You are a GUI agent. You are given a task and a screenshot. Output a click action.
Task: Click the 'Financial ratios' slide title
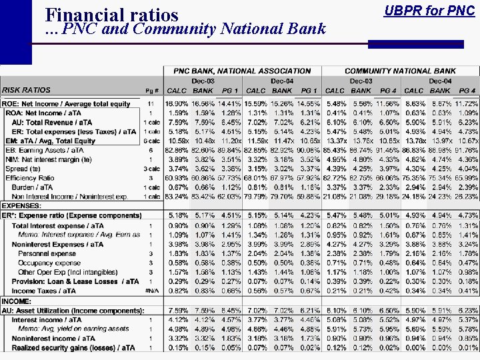[x=111, y=15]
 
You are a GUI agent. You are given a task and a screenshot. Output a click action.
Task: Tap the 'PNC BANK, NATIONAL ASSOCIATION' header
[x=242, y=71]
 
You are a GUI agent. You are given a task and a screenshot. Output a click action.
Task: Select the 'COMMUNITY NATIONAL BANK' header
[x=400, y=71]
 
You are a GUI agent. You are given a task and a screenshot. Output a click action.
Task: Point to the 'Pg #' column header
[x=151, y=90]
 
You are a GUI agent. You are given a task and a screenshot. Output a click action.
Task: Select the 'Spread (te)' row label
[x=24, y=169]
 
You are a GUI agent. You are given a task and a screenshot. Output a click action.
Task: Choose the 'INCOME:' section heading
[x=17, y=301]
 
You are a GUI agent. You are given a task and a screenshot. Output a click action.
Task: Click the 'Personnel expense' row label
[x=47, y=254]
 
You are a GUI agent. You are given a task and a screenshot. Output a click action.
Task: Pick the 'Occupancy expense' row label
[x=49, y=263]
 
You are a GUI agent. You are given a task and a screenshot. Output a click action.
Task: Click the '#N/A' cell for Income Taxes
[x=151, y=291]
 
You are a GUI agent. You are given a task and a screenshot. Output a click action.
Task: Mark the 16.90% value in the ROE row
[x=176, y=104]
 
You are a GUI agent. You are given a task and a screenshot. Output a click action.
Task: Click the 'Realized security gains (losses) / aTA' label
[x=73, y=348]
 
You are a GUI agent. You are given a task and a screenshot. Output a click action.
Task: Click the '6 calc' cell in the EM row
[x=151, y=141]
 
